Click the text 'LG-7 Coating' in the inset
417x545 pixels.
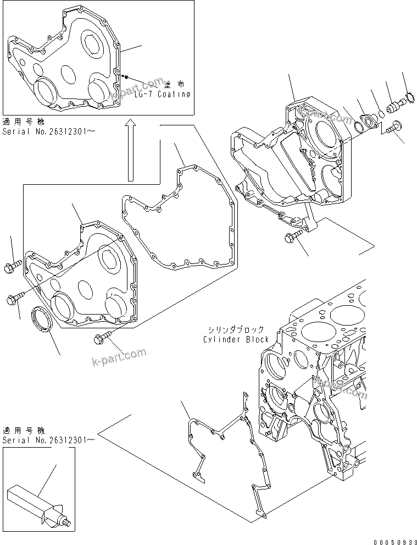[x=162, y=94]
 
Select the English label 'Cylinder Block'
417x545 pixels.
[x=235, y=339]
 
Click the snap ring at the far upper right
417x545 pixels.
[x=408, y=100]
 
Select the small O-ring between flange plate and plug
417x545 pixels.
[x=380, y=114]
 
